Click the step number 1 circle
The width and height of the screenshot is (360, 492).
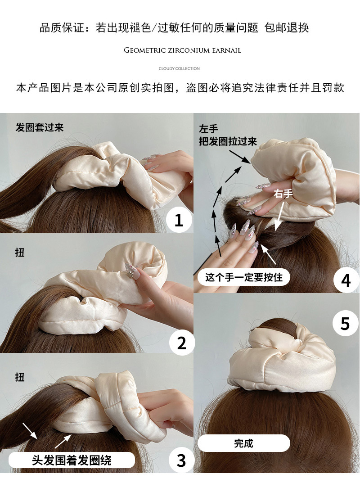pos(179,220)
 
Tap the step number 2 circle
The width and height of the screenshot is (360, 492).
pos(181,343)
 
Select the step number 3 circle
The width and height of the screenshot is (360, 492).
pos(181,460)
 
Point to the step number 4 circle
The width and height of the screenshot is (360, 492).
pos(346,280)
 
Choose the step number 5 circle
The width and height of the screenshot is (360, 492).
pos(345,323)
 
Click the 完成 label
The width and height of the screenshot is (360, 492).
pos(243,443)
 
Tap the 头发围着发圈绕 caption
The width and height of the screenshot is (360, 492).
pos(72,460)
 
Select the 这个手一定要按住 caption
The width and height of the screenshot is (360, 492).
pos(243,277)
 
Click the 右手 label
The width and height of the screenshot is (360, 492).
pos(283,194)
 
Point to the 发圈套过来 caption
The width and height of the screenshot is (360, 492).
pos(40,127)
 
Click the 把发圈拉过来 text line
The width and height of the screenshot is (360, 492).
pos(228,141)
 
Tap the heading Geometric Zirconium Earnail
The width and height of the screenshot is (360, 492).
pos(183,50)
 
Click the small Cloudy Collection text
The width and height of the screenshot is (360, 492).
pos(179,68)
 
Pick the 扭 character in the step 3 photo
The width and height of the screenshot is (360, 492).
pos(20,377)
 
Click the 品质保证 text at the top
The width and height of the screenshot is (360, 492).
pos(62,27)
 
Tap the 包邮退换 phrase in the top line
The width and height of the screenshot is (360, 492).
pos(287,27)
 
